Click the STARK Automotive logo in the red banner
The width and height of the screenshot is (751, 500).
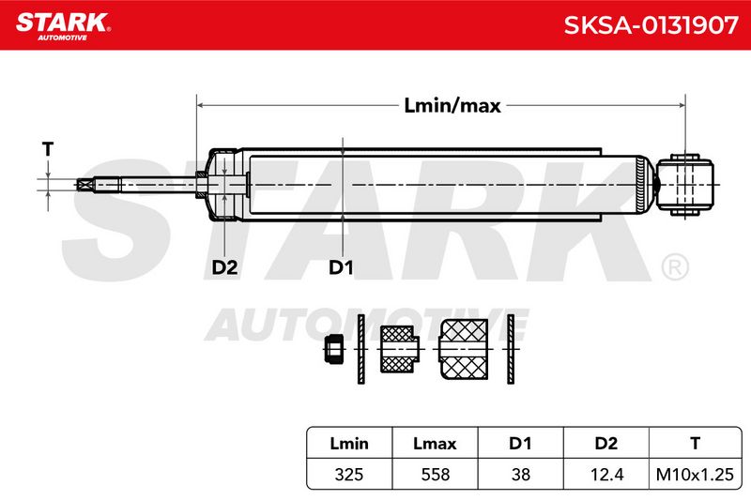tap(63, 26)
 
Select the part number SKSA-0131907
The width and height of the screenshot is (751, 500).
tap(651, 25)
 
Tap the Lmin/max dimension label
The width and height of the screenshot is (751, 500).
tap(452, 106)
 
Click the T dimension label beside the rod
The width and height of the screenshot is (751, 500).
tap(48, 149)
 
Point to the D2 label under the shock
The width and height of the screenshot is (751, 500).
tap(224, 267)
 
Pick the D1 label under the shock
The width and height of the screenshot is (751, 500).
tap(341, 267)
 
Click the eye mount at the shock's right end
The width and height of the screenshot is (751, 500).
tap(685, 185)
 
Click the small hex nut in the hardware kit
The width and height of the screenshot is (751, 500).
tap(334, 349)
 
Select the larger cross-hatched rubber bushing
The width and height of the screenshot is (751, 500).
tap(464, 349)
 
